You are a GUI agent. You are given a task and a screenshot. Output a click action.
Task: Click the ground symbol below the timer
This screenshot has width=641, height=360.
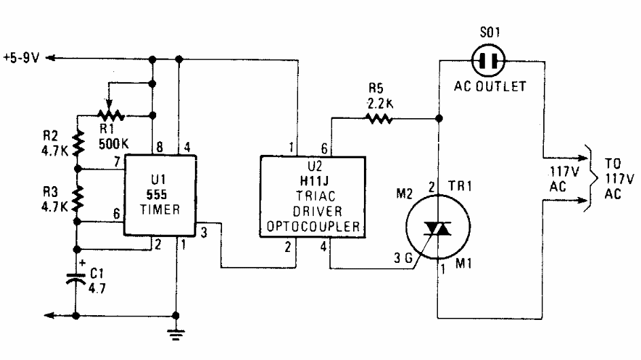176,335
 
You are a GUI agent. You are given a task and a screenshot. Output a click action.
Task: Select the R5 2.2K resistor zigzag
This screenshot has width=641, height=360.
380,119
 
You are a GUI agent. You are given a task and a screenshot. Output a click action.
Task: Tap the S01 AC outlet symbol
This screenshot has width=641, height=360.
488,61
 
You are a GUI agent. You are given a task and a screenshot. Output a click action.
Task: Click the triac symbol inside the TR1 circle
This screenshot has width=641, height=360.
437,229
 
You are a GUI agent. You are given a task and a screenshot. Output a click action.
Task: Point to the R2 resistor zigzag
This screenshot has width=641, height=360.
77,143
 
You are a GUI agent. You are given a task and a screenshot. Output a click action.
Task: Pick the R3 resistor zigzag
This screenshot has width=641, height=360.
77,199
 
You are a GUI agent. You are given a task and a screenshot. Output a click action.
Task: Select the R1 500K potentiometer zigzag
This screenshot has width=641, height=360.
111,115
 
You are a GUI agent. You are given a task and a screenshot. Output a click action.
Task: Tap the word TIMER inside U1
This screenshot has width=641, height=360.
160,210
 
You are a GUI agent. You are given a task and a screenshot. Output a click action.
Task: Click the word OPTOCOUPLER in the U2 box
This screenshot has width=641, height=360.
313,227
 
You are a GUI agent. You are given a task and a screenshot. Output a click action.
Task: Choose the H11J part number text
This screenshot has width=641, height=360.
314,181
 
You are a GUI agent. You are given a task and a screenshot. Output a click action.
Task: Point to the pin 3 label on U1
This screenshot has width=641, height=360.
204,233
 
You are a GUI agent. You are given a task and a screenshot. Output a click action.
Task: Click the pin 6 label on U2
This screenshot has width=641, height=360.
324,149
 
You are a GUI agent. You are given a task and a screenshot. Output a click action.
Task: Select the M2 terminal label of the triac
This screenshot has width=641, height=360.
404,193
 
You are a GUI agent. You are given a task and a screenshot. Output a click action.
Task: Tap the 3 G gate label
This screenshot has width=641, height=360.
403,257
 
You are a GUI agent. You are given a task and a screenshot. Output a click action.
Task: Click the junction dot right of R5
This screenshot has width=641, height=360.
439,119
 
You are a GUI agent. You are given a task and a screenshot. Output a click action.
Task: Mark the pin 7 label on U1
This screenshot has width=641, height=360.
117,162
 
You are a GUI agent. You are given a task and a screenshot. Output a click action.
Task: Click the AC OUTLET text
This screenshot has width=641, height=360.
490,86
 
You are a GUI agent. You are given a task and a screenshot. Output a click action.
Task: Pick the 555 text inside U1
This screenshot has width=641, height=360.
157,195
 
